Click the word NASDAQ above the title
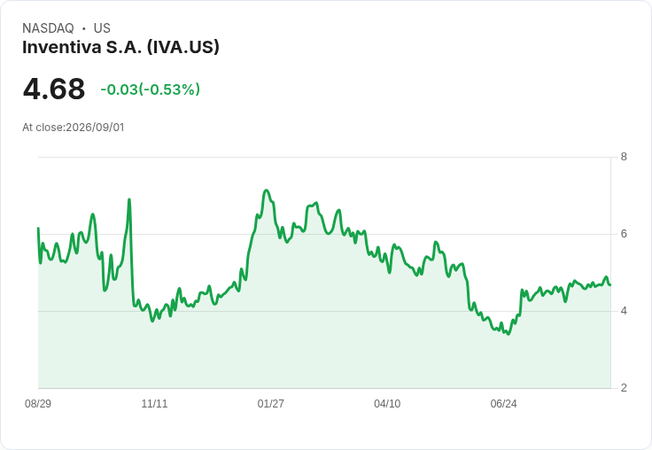(x=48, y=28)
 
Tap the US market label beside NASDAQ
(x=102, y=28)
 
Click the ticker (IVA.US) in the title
(x=183, y=47)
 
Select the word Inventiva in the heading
(x=61, y=47)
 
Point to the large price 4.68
(x=54, y=89)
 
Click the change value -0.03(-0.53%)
(x=150, y=89)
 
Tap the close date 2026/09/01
(x=95, y=128)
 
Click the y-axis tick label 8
(x=624, y=157)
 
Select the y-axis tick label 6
(x=624, y=234)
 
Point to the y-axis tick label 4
(x=624, y=311)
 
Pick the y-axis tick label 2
(x=624, y=388)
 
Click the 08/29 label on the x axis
(x=38, y=403)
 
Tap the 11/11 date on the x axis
(x=154, y=403)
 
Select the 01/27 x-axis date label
(x=271, y=403)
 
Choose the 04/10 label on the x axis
(x=387, y=403)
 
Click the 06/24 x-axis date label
(x=503, y=403)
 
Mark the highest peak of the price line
(x=267, y=190)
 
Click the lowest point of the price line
(x=508, y=334)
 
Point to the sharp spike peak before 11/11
(x=129, y=199)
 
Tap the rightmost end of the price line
(x=610, y=285)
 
